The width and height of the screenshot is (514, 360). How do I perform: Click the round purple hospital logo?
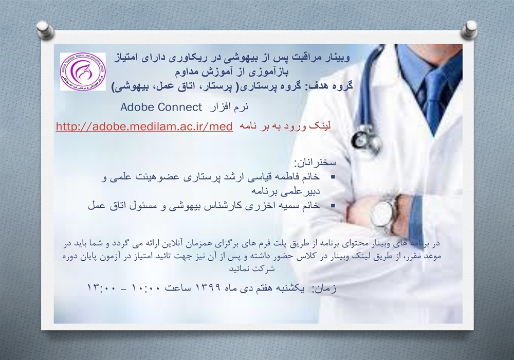pos(83,71)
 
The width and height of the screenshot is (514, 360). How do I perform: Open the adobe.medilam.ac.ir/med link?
pos(144,126)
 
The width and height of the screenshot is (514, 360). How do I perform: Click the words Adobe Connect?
pos(161,107)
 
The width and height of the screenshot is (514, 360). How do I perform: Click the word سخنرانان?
pos(315,163)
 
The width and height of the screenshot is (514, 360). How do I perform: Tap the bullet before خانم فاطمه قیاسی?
pos(333,177)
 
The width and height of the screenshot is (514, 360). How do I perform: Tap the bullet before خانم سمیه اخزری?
pos(333,206)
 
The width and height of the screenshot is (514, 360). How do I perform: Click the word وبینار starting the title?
pos(337,58)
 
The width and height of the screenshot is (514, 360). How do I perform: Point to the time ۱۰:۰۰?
pos(146,288)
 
